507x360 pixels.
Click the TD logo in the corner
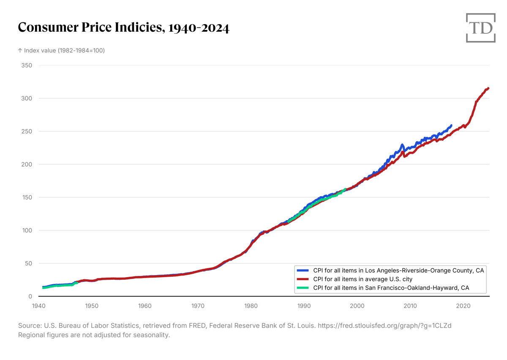(480, 28)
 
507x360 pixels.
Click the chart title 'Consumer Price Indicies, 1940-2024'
(123, 28)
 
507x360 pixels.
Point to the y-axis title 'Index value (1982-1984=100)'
(61, 50)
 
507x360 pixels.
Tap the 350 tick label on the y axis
(27, 65)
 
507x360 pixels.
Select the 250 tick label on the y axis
(27, 131)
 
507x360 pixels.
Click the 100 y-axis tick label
(27, 230)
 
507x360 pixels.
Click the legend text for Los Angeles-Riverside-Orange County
(398, 270)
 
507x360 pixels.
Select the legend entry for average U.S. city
(363, 279)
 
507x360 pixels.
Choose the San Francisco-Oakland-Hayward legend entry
(391, 288)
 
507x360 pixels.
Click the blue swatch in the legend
(303, 270)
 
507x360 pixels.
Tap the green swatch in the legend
(303, 288)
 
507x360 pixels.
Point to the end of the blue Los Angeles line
(451, 125)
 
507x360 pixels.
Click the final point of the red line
(488, 88)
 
